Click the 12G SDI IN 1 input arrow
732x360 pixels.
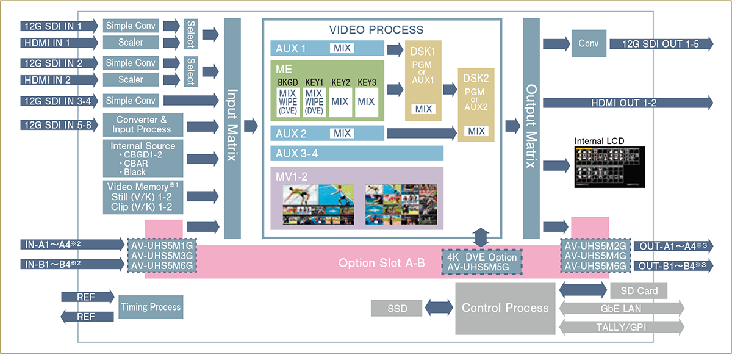[59, 26]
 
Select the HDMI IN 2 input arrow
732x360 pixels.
[59, 80]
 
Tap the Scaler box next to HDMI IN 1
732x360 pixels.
[131, 43]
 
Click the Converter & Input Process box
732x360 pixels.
[141, 124]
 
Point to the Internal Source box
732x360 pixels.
[143, 158]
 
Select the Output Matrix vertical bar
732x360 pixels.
[531, 128]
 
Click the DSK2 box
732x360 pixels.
[476, 104]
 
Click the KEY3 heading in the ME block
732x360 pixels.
[367, 82]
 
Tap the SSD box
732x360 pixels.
[396, 308]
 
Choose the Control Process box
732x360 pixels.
[505, 308]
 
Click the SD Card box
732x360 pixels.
[639, 290]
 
